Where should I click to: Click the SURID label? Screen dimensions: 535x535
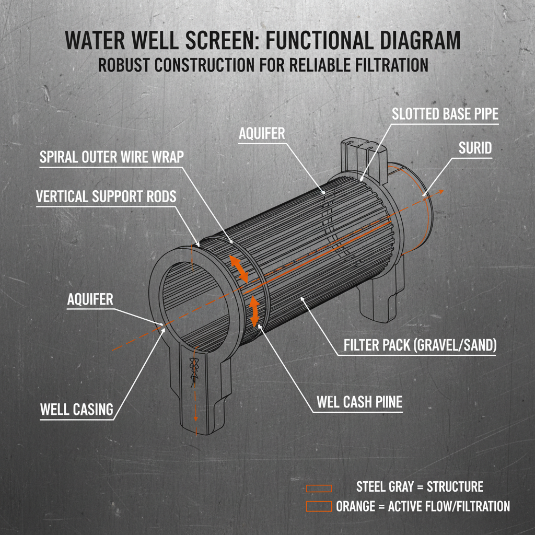pyautogui.click(x=475, y=148)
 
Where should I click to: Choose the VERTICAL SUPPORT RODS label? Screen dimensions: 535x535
pyautogui.click(x=106, y=196)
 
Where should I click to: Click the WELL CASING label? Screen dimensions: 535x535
pyautogui.click(x=77, y=410)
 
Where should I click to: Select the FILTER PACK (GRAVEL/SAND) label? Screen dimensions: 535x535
pyautogui.click(x=420, y=345)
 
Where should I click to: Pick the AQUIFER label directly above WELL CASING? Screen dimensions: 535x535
pyautogui.click(x=90, y=299)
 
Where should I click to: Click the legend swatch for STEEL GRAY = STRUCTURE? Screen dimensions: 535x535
pyautogui.click(x=319, y=488)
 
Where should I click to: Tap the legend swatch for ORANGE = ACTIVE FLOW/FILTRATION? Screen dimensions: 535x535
pyautogui.click(x=319, y=506)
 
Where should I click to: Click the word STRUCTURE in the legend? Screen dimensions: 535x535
pyautogui.click(x=455, y=487)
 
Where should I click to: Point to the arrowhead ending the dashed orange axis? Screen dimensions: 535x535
pyautogui.click(x=442, y=192)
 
